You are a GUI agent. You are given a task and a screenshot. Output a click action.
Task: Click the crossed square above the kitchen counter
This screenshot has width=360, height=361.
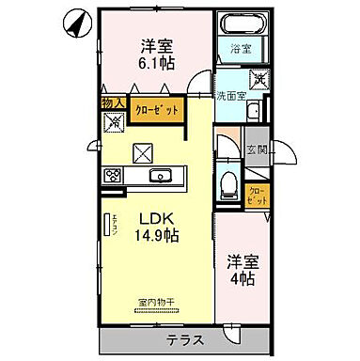pyautogui.click(x=145, y=150)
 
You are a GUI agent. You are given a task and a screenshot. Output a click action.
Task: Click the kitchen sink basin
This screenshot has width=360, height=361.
pyautogui.click(x=159, y=176)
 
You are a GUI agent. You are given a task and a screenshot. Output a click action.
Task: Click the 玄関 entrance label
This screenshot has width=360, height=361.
pyautogui.click(x=257, y=149)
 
